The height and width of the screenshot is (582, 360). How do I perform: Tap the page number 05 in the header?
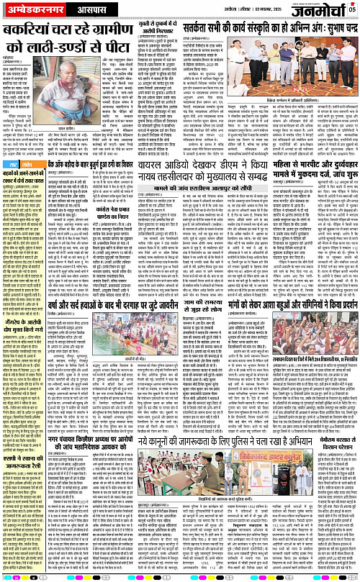coord(353,10)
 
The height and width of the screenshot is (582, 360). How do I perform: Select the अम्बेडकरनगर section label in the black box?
coord(30,12)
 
